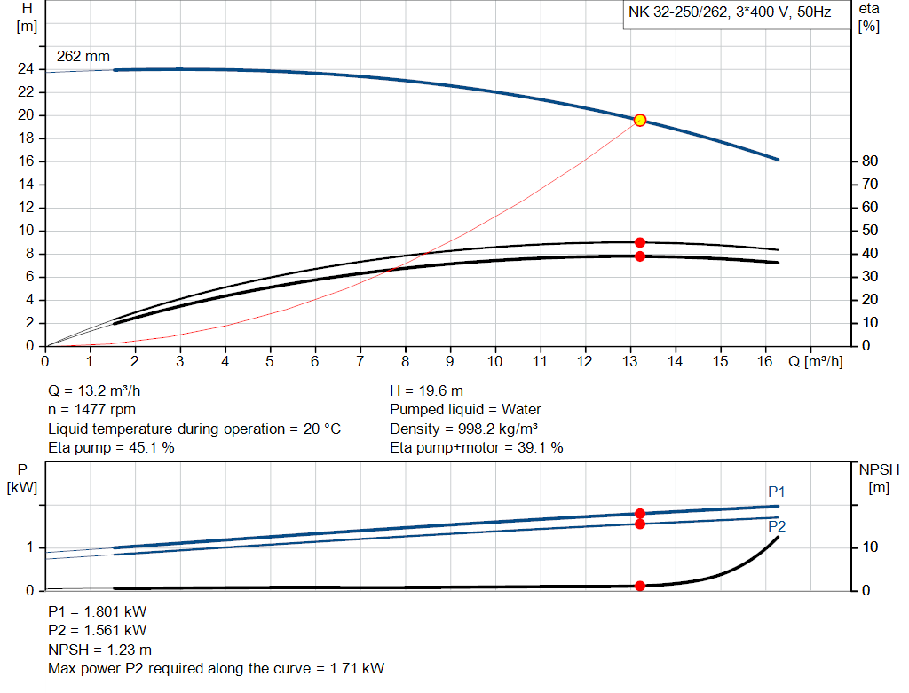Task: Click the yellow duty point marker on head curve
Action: [639, 120]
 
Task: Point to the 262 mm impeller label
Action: [83, 56]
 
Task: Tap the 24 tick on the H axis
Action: [26, 69]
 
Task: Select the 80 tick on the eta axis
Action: [870, 161]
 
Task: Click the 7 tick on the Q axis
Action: [360, 361]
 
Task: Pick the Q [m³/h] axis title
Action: [815, 361]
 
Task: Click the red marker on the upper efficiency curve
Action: [639, 242]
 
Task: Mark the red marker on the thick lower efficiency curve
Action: [639, 256]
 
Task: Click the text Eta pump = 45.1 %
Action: [111, 448]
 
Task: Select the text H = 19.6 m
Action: [427, 390]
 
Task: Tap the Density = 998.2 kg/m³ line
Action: [463, 429]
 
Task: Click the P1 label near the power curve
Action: [777, 492]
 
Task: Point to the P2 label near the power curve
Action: [777, 526]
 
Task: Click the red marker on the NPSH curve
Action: [639, 586]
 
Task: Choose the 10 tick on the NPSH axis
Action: [869, 547]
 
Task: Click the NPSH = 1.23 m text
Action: [99, 650]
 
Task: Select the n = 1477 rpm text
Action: [91, 410]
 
